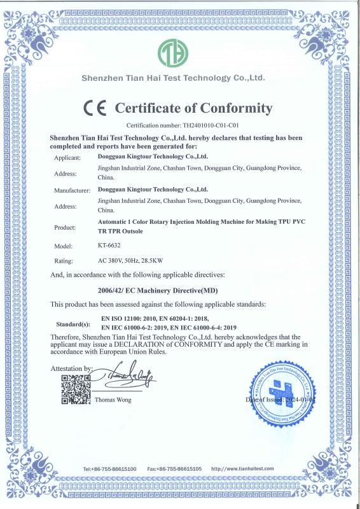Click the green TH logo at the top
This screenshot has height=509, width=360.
(x=174, y=53)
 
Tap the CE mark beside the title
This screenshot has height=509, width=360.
(x=95, y=108)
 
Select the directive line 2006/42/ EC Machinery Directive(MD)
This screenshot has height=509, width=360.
(x=160, y=289)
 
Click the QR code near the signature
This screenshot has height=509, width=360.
(x=73, y=390)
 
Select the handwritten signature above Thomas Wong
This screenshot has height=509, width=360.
(x=127, y=381)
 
